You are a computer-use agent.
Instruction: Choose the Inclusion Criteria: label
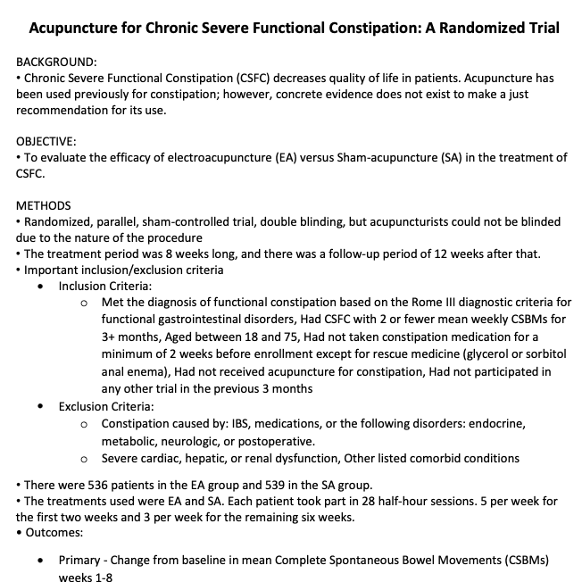(x=105, y=286)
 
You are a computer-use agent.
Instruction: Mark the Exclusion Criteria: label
(x=106, y=406)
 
